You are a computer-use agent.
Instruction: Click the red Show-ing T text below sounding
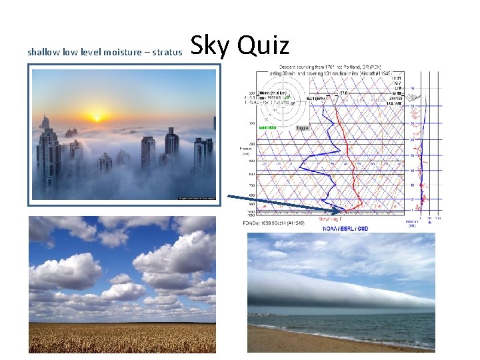(331, 218)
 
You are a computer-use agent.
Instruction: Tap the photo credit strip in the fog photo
(197, 198)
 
